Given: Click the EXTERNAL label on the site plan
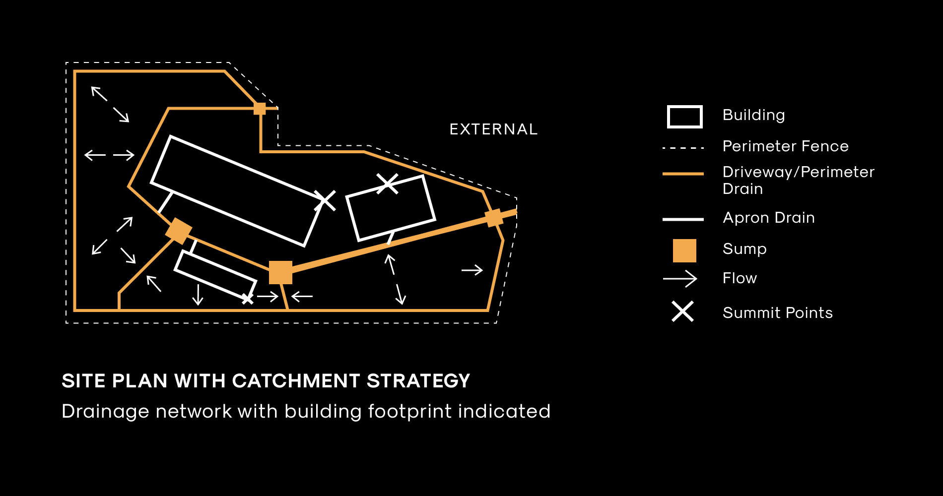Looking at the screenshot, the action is click(x=493, y=129).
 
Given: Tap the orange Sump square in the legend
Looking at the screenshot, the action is click(x=684, y=250).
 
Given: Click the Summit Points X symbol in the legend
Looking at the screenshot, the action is click(x=683, y=312).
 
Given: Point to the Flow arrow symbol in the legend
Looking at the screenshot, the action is click(x=680, y=279).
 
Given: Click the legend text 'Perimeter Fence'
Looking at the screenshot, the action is click(x=786, y=146).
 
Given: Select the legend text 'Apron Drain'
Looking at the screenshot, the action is click(x=769, y=218).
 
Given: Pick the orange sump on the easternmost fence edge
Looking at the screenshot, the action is click(x=494, y=218).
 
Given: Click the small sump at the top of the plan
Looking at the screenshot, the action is click(x=260, y=109).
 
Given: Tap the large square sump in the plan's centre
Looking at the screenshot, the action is click(x=280, y=273).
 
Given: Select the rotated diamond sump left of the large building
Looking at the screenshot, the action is click(x=179, y=231).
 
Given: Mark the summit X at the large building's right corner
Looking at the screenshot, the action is click(x=325, y=201).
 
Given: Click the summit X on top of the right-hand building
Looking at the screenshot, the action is click(x=387, y=184).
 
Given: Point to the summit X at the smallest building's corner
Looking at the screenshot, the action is click(x=247, y=299).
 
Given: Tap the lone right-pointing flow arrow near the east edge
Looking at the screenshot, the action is click(x=472, y=270).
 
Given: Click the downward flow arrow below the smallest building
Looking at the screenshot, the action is click(x=198, y=294).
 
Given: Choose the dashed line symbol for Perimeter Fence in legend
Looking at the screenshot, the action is click(x=683, y=148).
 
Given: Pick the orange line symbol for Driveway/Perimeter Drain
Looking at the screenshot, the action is click(x=683, y=174).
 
